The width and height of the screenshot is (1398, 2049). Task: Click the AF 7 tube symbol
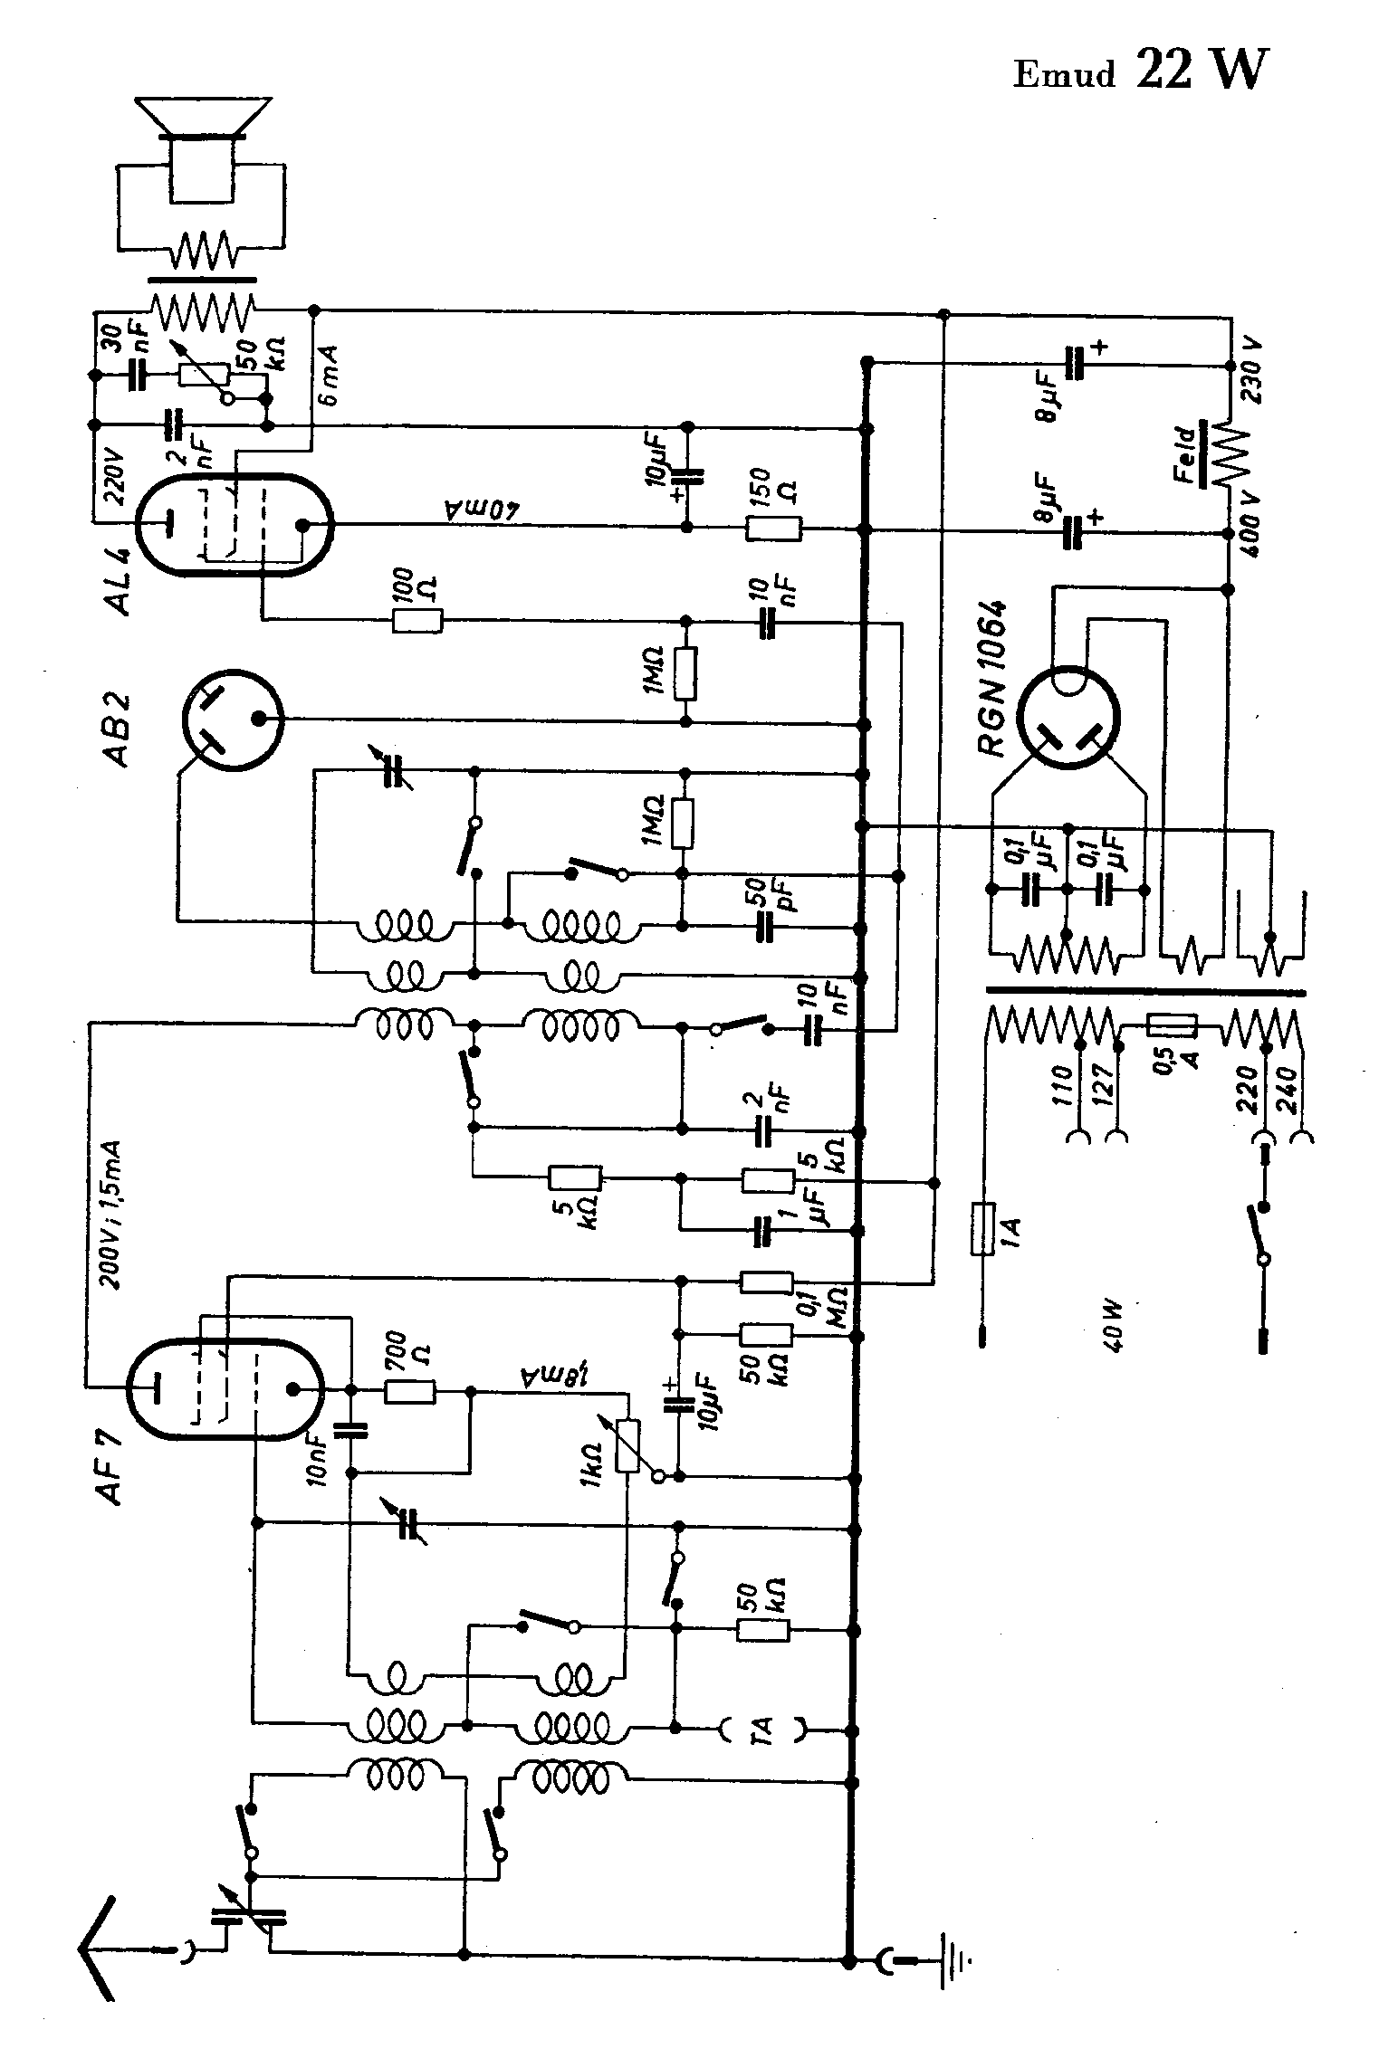pos(224,1390)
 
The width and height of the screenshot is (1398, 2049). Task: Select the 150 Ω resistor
pos(773,529)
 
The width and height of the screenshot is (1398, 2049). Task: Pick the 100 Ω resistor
pos(417,621)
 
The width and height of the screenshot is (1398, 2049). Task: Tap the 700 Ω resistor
pos(410,1392)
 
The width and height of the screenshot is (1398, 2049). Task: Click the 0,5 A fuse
pos(1172,1025)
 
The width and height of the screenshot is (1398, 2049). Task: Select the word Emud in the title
pos(1064,74)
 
